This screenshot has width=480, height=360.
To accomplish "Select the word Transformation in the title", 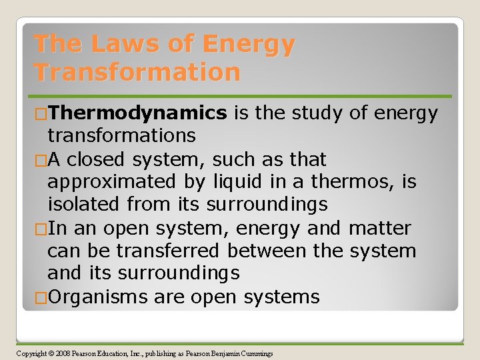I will (137, 71).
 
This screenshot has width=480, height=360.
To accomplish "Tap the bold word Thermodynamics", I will (137, 113).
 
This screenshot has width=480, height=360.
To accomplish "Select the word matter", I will (379, 228).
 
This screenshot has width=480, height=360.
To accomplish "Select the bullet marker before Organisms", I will (40, 297).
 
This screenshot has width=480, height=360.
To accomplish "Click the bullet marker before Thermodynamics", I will (40, 113).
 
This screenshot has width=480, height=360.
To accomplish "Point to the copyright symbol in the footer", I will (53, 353).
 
